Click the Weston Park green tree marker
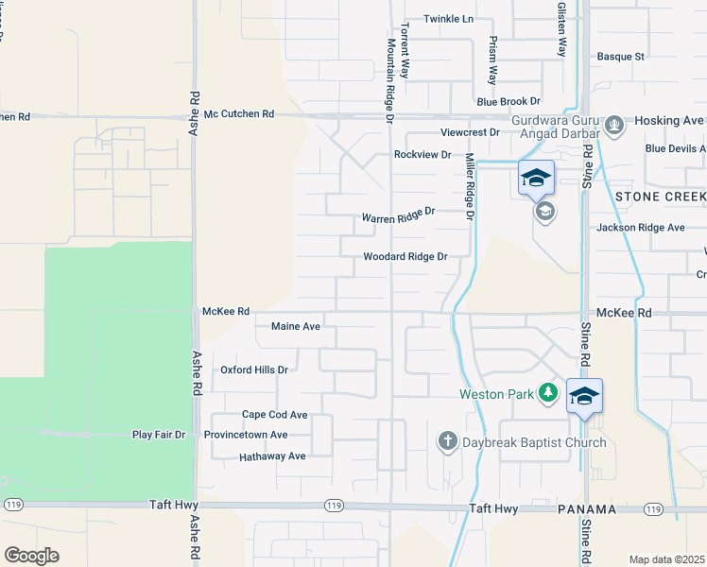(x=548, y=392)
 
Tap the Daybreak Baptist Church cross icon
(x=448, y=441)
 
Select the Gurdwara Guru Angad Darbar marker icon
(x=614, y=125)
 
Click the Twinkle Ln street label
(x=448, y=19)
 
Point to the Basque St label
(x=620, y=57)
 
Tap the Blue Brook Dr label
(x=508, y=101)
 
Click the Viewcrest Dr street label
(x=470, y=133)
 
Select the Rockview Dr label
(x=422, y=154)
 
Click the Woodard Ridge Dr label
(x=405, y=256)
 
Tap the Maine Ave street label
(x=296, y=327)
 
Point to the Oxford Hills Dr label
(x=253, y=369)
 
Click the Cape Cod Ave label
(x=275, y=415)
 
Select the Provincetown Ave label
(x=245, y=435)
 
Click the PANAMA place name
(x=588, y=510)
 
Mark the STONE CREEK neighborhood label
(x=660, y=198)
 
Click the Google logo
(x=31, y=556)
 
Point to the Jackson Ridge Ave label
(x=640, y=228)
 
